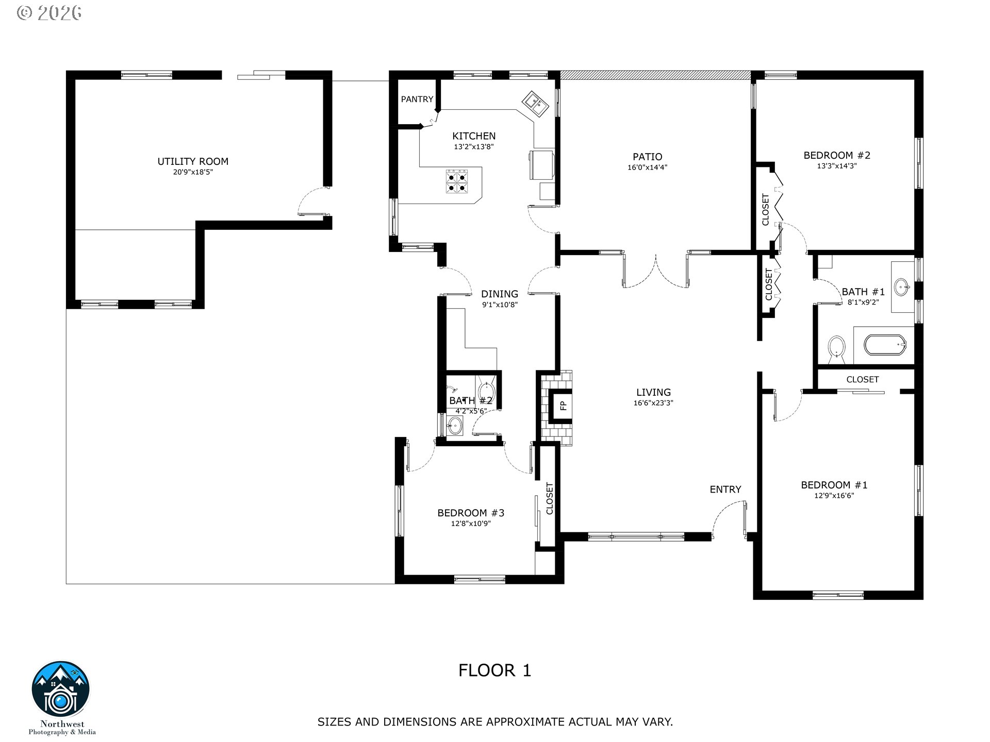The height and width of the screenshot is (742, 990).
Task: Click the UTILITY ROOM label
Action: [193, 161]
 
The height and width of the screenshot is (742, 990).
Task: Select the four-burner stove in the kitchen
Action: [457, 181]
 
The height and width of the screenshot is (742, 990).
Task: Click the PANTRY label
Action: [417, 99]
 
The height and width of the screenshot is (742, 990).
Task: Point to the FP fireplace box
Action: [563, 406]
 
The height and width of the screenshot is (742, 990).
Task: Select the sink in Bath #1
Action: [901, 287]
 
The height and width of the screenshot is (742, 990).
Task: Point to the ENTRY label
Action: [725, 490]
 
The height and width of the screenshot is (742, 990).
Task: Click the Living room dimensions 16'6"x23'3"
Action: [653, 403]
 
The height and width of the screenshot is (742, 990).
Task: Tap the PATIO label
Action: [648, 157]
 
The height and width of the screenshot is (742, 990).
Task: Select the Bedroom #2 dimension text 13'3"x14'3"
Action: [837, 166]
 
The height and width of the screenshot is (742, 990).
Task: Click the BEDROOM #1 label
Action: [834, 485]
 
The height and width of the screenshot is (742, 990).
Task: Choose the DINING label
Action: [499, 294]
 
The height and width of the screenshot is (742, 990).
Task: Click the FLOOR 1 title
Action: [494, 670]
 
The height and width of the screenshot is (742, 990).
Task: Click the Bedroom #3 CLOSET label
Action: [550, 498]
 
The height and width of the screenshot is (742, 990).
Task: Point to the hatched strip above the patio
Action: [655, 75]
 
